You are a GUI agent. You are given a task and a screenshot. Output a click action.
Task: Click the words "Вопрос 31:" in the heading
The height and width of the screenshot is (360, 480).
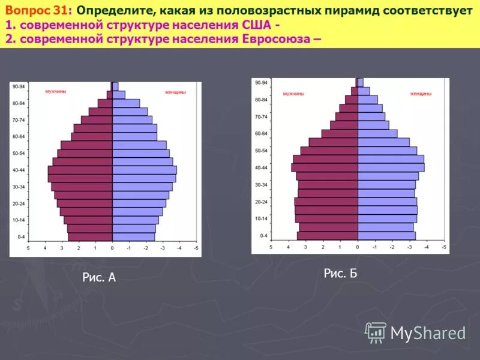point(35,11)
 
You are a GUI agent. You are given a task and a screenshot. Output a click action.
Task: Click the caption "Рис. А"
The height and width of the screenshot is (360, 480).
point(98,277)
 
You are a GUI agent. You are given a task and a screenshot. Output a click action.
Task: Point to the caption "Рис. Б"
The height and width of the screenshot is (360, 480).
point(340,274)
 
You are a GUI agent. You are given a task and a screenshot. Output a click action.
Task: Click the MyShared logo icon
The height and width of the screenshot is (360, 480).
point(376,332)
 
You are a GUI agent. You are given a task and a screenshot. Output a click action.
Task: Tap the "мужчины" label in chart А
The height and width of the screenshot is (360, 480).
point(56,92)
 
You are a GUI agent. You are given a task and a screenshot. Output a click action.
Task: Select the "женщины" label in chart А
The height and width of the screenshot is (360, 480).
point(175,92)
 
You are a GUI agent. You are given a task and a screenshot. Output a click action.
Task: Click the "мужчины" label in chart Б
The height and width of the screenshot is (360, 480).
point(293,94)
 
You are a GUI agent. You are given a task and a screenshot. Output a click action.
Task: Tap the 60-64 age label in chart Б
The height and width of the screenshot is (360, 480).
point(261,133)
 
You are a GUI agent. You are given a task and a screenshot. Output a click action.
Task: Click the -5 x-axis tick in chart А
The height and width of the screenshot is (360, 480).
point(196,248)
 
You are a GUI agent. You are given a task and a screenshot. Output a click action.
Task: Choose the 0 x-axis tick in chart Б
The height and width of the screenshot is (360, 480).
point(358,247)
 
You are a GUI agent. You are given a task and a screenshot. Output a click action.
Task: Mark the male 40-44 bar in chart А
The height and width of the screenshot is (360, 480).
point(80,170)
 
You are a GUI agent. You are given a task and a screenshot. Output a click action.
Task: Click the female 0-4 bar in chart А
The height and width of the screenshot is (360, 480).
point(133,237)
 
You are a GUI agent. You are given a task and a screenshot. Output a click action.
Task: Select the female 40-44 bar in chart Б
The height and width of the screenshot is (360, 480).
point(391,167)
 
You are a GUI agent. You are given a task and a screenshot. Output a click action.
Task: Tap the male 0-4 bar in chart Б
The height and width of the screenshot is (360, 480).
point(328,235)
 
